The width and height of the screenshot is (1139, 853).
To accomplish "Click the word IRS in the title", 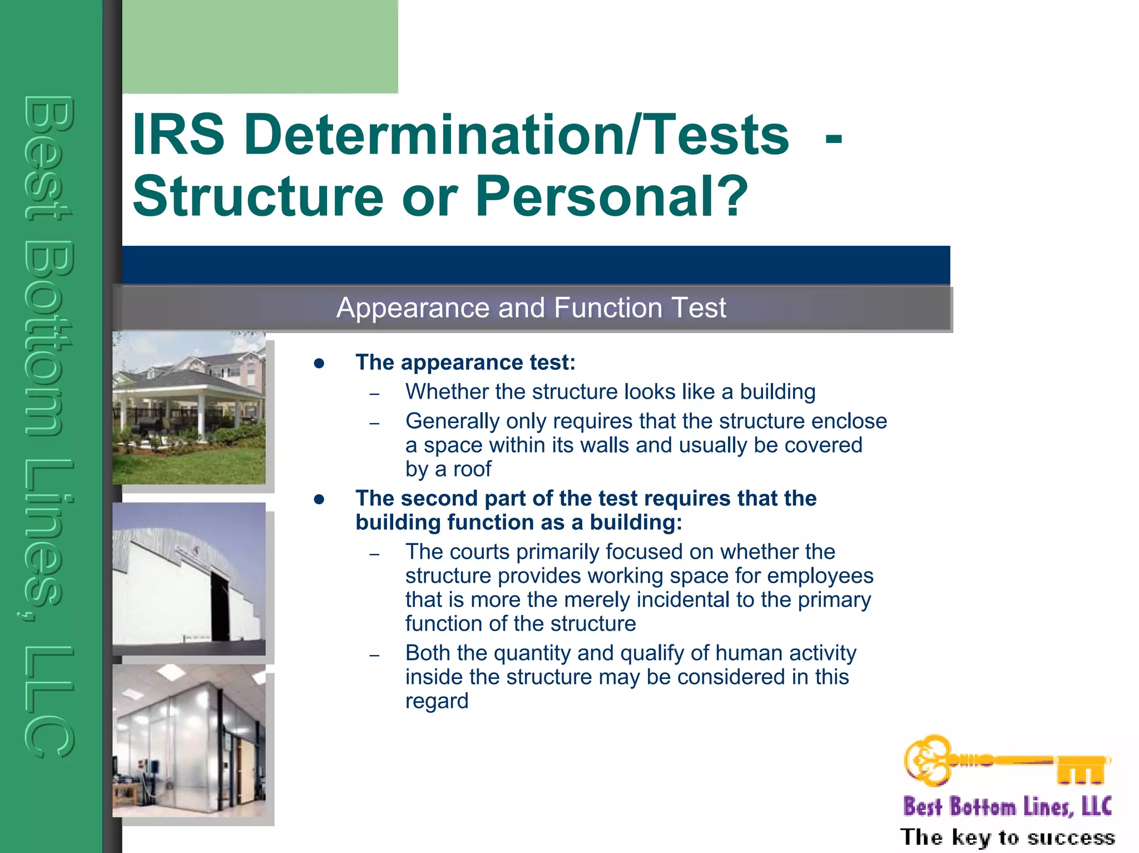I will point(178,135).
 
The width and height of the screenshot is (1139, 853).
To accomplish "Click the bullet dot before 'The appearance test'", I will point(319,364).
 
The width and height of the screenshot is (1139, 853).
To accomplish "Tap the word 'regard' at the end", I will point(437,701).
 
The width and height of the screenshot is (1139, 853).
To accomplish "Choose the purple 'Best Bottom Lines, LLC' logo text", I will point(1007,807).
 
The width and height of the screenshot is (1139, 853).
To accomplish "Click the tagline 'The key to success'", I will point(1007,837).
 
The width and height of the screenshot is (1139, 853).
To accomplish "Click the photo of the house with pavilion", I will point(189,408).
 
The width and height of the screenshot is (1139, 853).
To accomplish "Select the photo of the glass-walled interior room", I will point(189,741).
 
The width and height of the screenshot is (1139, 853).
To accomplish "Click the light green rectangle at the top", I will point(260,46).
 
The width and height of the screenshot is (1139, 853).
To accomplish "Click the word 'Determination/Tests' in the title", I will point(516,135).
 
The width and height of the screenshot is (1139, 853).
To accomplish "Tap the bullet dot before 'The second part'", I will point(319,499).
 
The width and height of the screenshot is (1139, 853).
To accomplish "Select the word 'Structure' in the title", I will point(258,196).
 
